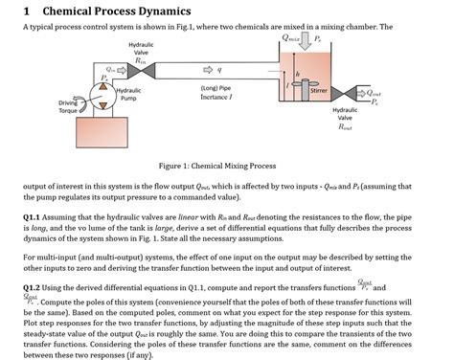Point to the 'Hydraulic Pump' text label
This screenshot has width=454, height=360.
[127, 94]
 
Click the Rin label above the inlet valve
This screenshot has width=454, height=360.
[140, 58]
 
